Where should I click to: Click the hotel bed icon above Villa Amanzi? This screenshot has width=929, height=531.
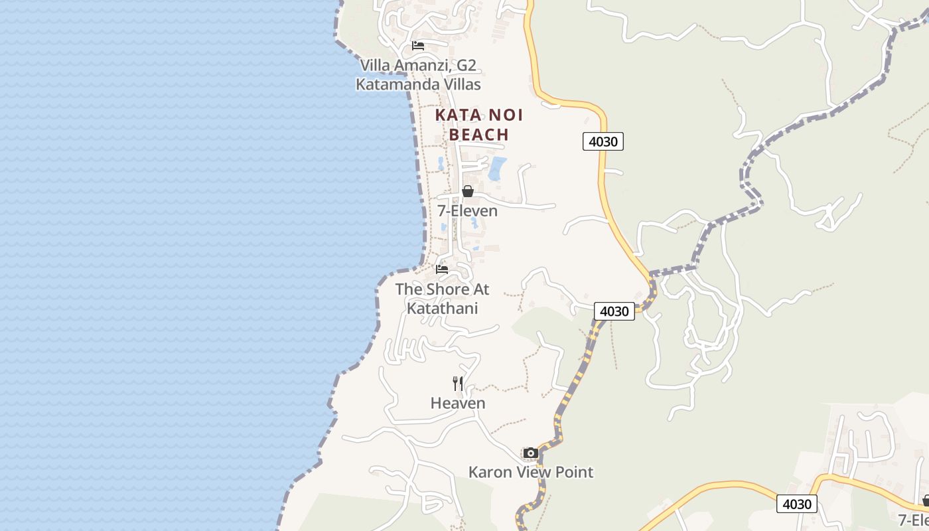(x=418, y=46)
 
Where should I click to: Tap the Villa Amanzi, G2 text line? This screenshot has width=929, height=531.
(x=418, y=65)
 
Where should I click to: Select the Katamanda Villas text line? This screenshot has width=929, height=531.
(x=418, y=84)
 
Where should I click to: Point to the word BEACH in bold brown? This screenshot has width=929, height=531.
(x=479, y=134)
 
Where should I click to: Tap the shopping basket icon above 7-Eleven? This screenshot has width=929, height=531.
(x=468, y=191)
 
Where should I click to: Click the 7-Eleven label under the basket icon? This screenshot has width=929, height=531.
(x=467, y=210)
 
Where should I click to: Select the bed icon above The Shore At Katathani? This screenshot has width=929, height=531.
(x=442, y=269)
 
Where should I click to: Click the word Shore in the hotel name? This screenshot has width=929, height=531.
(x=446, y=289)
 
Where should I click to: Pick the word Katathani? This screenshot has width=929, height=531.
(x=442, y=308)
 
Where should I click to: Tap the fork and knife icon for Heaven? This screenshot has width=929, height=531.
(x=458, y=383)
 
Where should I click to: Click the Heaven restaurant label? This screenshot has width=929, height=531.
(x=458, y=403)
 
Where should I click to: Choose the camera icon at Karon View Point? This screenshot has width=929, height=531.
(x=530, y=453)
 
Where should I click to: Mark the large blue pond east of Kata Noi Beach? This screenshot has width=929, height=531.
(x=497, y=168)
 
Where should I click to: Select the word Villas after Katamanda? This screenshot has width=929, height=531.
(x=460, y=84)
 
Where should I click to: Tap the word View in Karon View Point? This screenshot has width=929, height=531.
(x=534, y=472)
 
